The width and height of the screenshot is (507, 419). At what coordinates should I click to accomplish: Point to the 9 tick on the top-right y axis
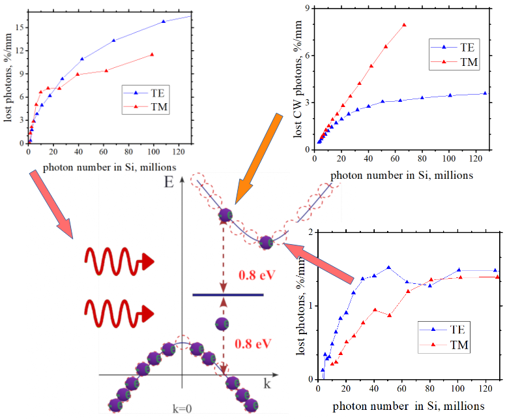click(304, 8)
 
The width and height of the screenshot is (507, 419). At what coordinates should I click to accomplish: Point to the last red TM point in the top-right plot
click(405, 25)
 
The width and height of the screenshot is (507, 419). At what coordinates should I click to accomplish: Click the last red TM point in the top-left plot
click(152, 54)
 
